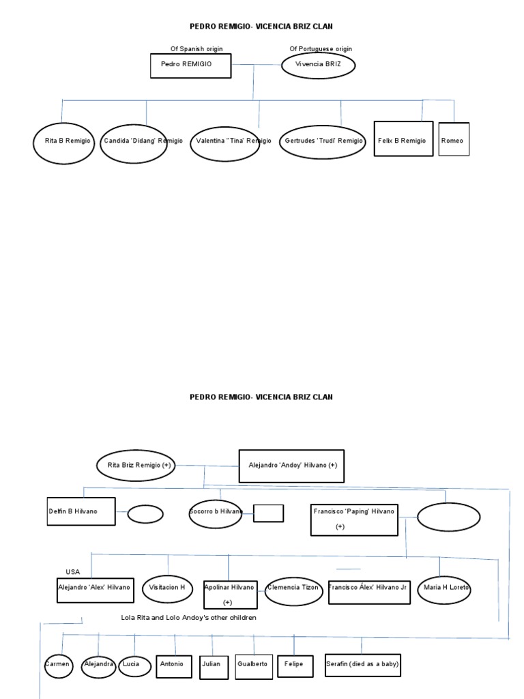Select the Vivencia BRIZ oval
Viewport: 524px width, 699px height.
click(x=319, y=66)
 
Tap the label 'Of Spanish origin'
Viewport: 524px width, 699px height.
click(x=196, y=49)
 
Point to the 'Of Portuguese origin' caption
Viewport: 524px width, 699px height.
click(x=321, y=49)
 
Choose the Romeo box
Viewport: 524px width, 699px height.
click(x=454, y=139)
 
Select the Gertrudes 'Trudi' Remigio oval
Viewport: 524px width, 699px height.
click(x=323, y=141)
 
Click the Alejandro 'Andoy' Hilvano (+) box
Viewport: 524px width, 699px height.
click(x=292, y=466)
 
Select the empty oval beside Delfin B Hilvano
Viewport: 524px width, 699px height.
click(x=145, y=514)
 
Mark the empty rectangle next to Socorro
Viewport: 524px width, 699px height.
click(x=268, y=513)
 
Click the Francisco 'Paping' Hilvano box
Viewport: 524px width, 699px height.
click(x=353, y=519)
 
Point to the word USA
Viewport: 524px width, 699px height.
click(x=73, y=571)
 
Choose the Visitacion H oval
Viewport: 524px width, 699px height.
click(x=168, y=588)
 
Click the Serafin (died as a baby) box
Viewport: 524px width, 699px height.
click(x=362, y=664)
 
